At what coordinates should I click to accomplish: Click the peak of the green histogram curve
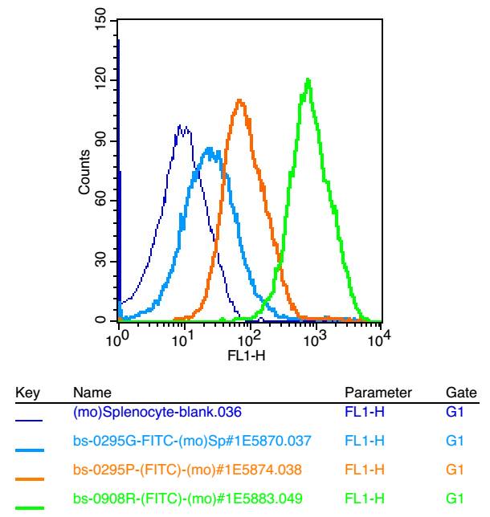point(308,79)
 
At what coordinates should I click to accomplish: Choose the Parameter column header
point(378,392)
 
